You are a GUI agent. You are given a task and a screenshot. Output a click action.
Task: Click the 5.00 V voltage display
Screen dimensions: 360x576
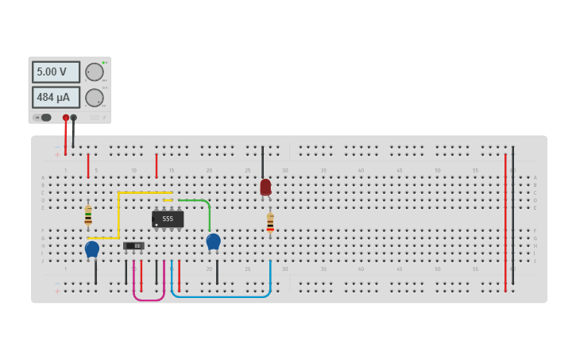(x=56, y=72)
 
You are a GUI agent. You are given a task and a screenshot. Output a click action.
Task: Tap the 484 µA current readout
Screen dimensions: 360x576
(x=56, y=98)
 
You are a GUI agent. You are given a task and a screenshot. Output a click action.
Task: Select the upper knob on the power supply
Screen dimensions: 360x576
(x=95, y=72)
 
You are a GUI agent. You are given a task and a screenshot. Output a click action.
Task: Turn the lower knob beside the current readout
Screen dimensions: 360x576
(x=95, y=98)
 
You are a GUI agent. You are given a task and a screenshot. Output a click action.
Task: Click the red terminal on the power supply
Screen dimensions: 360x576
(x=66, y=118)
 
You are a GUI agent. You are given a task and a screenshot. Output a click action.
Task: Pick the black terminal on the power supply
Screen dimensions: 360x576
(x=74, y=118)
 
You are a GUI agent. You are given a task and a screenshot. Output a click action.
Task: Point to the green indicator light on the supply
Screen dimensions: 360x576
(x=103, y=62)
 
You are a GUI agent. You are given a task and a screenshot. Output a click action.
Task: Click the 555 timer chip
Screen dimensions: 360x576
(x=168, y=219)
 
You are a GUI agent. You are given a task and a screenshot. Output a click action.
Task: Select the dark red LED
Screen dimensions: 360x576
(x=265, y=187)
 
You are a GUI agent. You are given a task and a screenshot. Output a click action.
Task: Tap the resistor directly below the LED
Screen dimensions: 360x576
(x=270, y=223)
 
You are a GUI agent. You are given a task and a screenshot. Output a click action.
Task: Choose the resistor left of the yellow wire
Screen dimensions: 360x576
(x=88, y=215)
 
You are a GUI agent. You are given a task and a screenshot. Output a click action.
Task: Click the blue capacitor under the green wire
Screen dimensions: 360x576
(x=213, y=241)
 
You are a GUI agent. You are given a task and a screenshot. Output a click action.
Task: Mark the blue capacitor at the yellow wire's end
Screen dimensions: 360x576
(x=92, y=249)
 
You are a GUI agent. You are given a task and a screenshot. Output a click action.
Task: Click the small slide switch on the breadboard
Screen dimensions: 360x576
(x=133, y=246)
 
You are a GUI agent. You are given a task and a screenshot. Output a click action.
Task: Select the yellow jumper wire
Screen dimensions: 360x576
(x=118, y=215)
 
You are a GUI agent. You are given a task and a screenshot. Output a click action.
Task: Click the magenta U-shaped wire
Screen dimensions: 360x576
(x=149, y=299)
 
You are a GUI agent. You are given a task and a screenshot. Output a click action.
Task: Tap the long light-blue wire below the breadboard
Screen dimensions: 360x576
(x=222, y=296)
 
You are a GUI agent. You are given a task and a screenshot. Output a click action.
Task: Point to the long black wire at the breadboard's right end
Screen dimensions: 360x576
(x=512, y=215)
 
